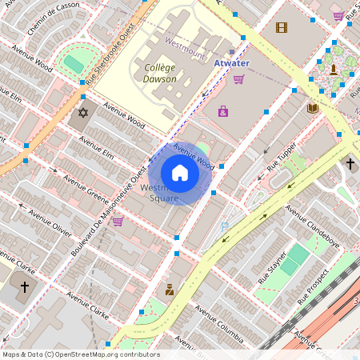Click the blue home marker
coord(180,173)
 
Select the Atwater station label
coord(233,62)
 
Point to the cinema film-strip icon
coord(281,27)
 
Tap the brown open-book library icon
coord(313,107)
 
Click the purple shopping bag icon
coord(222,111)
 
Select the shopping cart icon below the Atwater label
coord(238,78)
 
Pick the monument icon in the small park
coord(333,68)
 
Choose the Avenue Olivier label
coord(50,221)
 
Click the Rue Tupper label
coord(282,158)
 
